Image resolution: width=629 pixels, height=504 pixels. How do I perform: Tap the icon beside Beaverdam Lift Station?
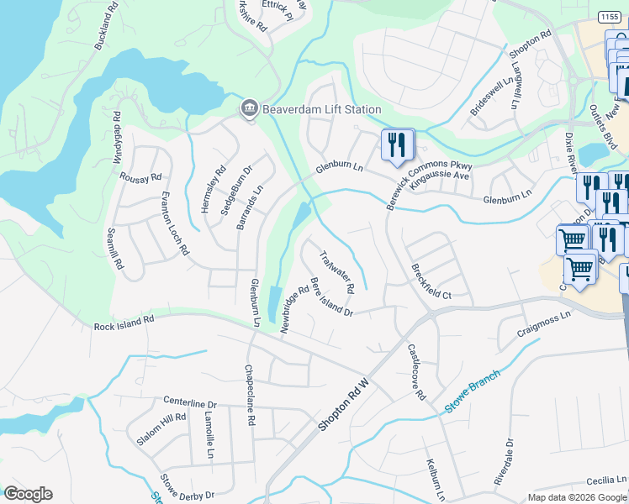[x=249, y=109]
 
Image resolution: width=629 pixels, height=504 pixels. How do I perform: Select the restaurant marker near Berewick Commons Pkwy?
[x=398, y=144]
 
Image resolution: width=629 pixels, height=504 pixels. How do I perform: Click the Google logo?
[x=28, y=494]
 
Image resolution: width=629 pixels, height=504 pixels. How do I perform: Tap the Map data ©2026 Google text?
[x=577, y=496]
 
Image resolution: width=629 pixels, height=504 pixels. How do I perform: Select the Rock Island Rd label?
[x=124, y=319]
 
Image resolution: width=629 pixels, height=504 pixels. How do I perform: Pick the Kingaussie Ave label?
[x=439, y=176]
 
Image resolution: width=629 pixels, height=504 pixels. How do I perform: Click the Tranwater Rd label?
[x=338, y=272]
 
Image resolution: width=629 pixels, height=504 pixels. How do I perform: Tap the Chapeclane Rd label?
[x=249, y=395]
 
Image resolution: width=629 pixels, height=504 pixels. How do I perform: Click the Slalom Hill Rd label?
[x=161, y=429]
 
